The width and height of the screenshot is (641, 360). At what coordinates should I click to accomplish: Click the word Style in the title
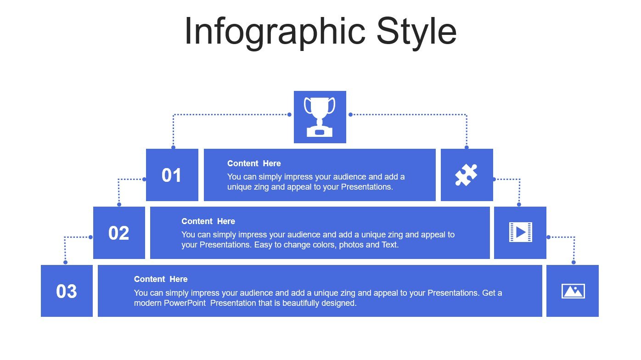click(x=416, y=32)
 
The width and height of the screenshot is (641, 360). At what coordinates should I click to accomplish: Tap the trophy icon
click(x=320, y=117)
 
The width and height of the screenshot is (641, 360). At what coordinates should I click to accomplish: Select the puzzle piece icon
click(x=466, y=175)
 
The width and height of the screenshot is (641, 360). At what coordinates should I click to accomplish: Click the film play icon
click(x=521, y=232)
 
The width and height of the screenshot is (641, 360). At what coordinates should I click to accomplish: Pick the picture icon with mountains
click(x=573, y=291)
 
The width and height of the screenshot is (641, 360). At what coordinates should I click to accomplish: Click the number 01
click(x=171, y=175)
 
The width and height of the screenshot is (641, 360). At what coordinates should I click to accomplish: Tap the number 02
click(x=118, y=233)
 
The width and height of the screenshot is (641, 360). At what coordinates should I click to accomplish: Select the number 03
click(x=67, y=291)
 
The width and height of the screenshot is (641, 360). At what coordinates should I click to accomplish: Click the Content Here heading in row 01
click(x=254, y=163)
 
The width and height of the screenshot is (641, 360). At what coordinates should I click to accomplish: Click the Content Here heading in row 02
click(x=208, y=221)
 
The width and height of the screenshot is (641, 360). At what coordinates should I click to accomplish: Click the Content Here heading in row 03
click(x=161, y=279)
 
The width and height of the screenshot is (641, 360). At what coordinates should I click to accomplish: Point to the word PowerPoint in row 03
click(x=185, y=303)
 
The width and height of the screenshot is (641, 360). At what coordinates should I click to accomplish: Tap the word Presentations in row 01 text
click(x=367, y=187)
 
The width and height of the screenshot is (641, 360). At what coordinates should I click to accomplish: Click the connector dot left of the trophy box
click(x=289, y=115)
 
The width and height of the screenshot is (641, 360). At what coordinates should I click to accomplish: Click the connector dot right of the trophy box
click(x=350, y=115)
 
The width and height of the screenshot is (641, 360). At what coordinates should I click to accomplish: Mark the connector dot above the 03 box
click(x=66, y=262)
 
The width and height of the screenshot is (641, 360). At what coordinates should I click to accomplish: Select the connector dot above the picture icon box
click(x=574, y=262)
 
